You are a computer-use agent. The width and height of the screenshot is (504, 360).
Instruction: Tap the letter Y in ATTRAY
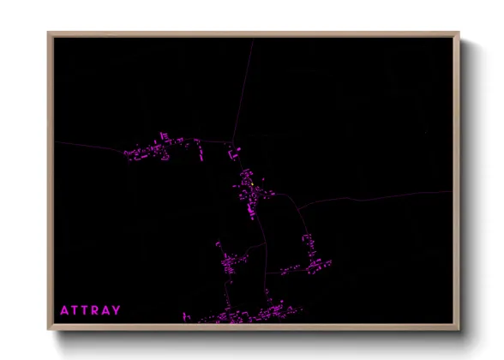[x=117, y=310]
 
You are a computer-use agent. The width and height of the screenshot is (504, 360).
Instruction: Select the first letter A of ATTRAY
[x=63, y=310]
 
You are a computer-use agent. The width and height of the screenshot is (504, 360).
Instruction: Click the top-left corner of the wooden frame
[x=48, y=33]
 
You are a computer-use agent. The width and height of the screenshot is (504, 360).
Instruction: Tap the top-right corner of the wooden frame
[x=459, y=33]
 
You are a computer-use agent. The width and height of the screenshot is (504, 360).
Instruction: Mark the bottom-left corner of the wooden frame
[x=48, y=330]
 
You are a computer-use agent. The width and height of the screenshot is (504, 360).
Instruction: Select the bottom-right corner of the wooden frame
[x=459, y=330]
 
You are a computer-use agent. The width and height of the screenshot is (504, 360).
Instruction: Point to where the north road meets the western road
[x=233, y=142]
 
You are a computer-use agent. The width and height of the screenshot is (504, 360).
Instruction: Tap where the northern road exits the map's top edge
[x=254, y=39]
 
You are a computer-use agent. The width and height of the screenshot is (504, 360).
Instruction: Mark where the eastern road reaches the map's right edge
[x=451, y=191]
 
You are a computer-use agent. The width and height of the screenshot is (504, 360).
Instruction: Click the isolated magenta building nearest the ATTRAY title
[x=185, y=316]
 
